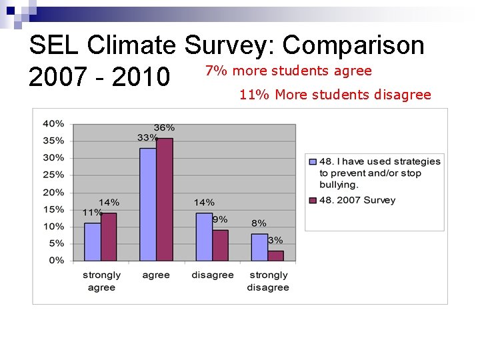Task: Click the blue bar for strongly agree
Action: point(92,241)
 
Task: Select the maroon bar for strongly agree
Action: point(109,237)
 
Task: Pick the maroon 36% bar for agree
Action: point(164,199)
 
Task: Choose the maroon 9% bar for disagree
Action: point(220,245)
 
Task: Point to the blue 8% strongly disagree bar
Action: point(259,247)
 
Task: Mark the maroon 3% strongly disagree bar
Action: point(275,255)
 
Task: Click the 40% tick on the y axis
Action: point(53,123)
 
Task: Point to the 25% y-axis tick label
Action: point(53,175)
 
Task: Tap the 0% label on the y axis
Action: point(56,261)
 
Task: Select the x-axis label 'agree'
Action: point(156,275)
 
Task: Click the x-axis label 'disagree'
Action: point(213,275)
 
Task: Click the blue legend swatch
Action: point(312,161)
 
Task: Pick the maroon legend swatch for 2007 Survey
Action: point(312,200)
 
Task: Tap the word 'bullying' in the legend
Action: point(339,185)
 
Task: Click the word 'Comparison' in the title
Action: point(353,45)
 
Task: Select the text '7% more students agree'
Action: point(288,71)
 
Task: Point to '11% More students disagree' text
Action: point(335,95)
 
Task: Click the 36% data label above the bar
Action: point(164,127)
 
